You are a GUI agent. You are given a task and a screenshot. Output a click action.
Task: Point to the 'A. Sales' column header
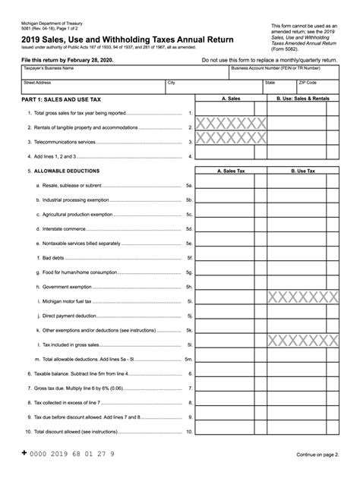(232, 99)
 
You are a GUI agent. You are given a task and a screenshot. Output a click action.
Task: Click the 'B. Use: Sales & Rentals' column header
(303, 99)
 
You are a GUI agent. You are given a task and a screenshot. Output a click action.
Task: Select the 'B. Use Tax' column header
(303, 171)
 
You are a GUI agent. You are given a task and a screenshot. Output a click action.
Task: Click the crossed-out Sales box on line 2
(232, 126)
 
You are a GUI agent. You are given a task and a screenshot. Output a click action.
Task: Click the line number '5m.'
(189, 358)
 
